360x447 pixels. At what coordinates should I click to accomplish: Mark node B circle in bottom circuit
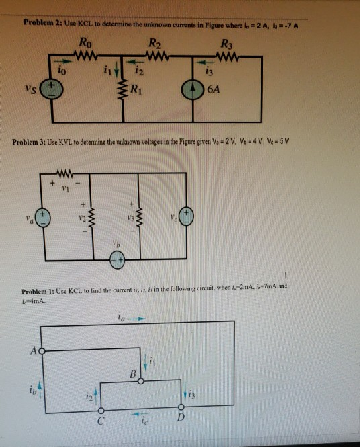[x=140, y=380]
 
